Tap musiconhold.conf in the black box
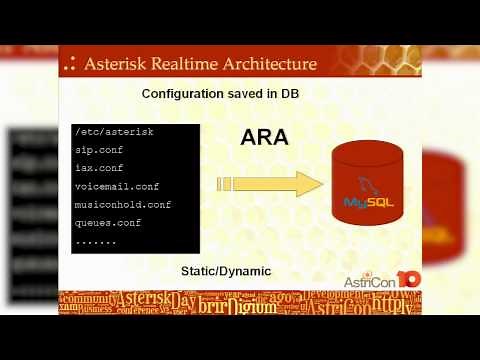pos(122,204)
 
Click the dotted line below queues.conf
pos(96,240)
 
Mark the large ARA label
pos(264,138)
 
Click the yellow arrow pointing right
pos(269,184)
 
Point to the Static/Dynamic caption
pos(225,271)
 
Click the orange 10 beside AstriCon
pos(409,279)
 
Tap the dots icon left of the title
pos(69,65)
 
